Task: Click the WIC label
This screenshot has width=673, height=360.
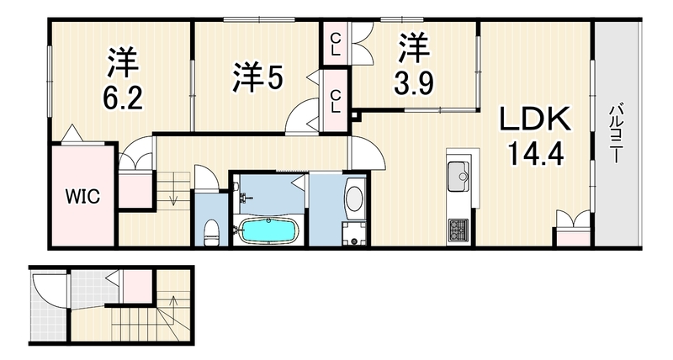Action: pyautogui.click(x=82, y=197)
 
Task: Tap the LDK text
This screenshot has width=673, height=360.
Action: pyautogui.click(x=535, y=119)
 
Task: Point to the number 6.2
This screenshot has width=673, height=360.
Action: pyautogui.click(x=122, y=98)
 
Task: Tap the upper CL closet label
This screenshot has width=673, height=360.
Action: pyautogui.click(x=335, y=45)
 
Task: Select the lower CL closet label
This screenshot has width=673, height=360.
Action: pyautogui.click(x=335, y=101)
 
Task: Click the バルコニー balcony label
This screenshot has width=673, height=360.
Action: pyautogui.click(x=615, y=133)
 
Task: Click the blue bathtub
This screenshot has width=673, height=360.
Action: pyautogui.click(x=268, y=230)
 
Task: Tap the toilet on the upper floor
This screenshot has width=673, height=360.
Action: pyautogui.click(x=211, y=232)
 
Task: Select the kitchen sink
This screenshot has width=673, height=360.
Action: pyautogui.click(x=458, y=177)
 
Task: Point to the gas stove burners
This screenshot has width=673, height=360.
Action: pyautogui.click(x=458, y=230)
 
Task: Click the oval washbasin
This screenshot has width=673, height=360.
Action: pyautogui.click(x=354, y=199)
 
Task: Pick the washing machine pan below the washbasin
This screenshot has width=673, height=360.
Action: pyautogui.click(x=354, y=234)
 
